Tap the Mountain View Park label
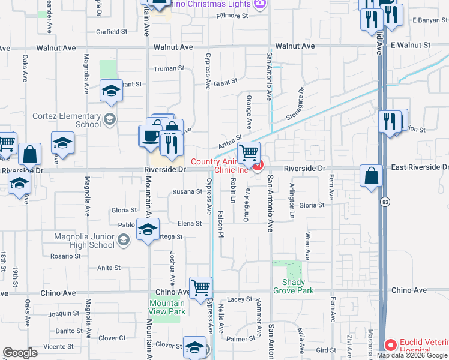coord(167,307)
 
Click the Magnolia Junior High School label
coord(84,241)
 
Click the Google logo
coord(20,353)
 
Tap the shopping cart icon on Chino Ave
coord(200,287)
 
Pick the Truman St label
coord(169,68)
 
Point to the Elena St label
coord(190,223)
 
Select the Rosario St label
coord(65,256)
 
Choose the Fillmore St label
coord(232,16)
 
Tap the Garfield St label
coord(112,31)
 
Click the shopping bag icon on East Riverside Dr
coord(372,176)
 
